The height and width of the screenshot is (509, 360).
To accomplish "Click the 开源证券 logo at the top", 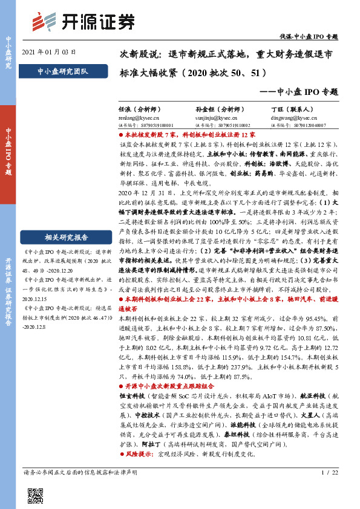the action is coord(82,21).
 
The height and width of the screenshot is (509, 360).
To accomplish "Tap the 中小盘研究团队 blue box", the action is coord(62,71).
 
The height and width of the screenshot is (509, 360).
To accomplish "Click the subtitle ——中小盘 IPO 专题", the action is coord(303,92).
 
